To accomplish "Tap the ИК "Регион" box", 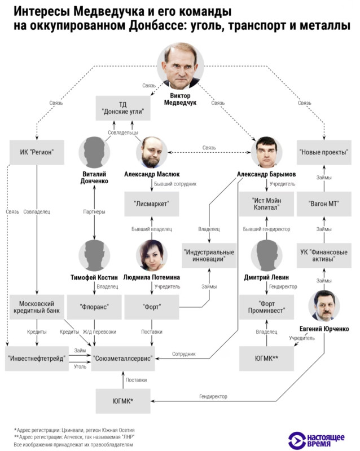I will (36, 152).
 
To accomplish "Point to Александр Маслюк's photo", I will (152, 152).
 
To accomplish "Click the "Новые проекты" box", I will (324, 152).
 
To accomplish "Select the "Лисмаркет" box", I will (152, 203).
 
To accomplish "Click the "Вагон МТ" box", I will (324, 203).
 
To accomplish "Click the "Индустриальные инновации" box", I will (209, 254).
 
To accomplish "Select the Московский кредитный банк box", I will (36, 308).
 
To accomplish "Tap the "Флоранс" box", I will (94, 308).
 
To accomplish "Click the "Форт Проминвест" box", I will (266, 308).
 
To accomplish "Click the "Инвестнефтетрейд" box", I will (36, 359).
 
